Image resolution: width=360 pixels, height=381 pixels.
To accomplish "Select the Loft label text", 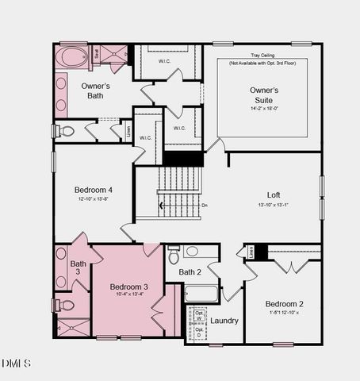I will (x=274, y=194).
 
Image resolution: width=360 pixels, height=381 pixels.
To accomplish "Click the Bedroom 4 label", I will (x=94, y=190).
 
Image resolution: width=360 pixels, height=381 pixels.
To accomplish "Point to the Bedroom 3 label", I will (x=128, y=286).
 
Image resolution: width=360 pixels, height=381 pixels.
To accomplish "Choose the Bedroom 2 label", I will (x=284, y=304).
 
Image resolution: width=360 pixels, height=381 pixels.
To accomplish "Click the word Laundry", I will (x=224, y=321).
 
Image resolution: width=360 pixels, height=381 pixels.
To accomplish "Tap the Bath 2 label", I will (x=190, y=272).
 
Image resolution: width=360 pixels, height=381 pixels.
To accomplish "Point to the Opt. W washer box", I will (x=199, y=314).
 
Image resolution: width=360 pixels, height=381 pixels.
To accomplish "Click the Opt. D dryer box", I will (x=199, y=333).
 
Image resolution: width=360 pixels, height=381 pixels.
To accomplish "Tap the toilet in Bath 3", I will (x=65, y=305).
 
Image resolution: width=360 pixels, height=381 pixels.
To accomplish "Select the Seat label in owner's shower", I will (x=97, y=54).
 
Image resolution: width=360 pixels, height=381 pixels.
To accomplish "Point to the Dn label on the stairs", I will (x=204, y=206).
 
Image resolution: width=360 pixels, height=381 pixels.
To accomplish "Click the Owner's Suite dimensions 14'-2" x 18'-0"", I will (x=264, y=107).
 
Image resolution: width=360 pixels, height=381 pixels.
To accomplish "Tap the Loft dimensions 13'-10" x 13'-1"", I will (x=274, y=206).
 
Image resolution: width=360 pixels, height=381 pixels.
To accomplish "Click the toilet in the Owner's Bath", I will (x=65, y=130).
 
